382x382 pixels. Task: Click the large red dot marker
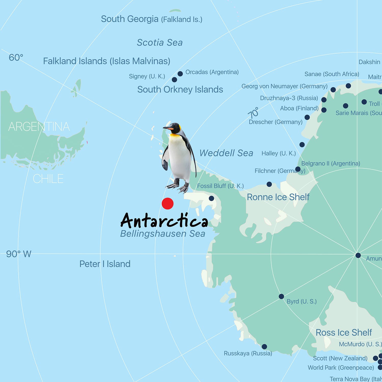click(168, 204)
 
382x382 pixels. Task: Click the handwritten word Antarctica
click(164, 221)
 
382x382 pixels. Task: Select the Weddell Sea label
click(226, 153)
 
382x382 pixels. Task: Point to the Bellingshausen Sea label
click(162, 234)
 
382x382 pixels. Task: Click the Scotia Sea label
click(160, 43)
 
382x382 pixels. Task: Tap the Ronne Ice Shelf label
click(278, 197)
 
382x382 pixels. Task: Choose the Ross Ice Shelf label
click(344, 333)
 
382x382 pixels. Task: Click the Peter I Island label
click(105, 264)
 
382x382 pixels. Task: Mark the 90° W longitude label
click(19, 254)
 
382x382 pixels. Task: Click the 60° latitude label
click(16, 58)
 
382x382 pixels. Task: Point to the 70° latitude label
click(253, 113)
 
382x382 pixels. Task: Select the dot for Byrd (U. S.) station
click(281, 296)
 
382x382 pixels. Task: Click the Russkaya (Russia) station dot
click(264, 347)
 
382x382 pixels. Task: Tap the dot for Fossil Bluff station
click(211, 198)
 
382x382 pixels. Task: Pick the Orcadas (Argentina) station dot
click(180, 74)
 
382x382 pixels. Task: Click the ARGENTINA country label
click(39, 127)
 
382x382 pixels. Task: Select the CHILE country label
click(48, 179)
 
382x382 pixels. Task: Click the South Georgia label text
click(130, 19)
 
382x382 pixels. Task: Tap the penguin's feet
click(178, 187)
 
